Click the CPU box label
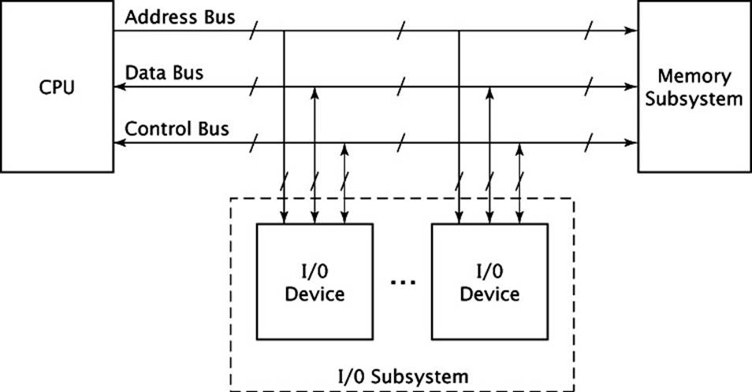coord(57,87)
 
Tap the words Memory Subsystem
coord(694,87)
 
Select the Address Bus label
coord(180,17)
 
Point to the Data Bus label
coord(164,72)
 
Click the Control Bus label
coord(177,129)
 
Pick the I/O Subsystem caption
coord(403,376)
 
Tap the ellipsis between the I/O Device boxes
coord(403,283)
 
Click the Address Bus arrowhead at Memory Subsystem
coord(631,31)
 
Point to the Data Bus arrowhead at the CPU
coord(120,87)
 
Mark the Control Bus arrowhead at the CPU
coord(120,142)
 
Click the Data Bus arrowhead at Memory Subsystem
coord(631,87)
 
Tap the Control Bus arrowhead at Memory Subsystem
coord(631,142)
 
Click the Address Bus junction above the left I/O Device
coord(284,31)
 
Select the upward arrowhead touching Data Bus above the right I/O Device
coord(490,93)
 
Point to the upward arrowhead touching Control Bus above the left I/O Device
coord(344,149)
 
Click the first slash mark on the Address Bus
coord(254,31)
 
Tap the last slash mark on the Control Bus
coord(589,142)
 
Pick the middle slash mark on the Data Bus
coord(401,87)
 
